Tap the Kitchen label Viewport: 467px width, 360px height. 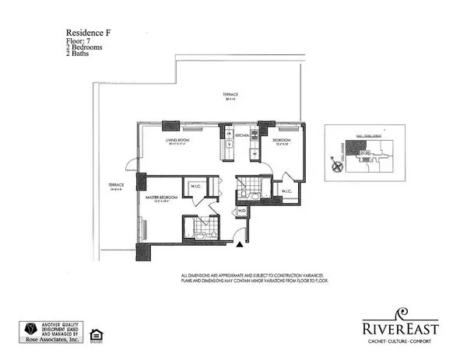[x=242, y=135]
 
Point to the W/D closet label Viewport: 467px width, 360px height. [x=242, y=211]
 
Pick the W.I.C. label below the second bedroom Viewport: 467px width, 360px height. [x=286, y=190]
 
